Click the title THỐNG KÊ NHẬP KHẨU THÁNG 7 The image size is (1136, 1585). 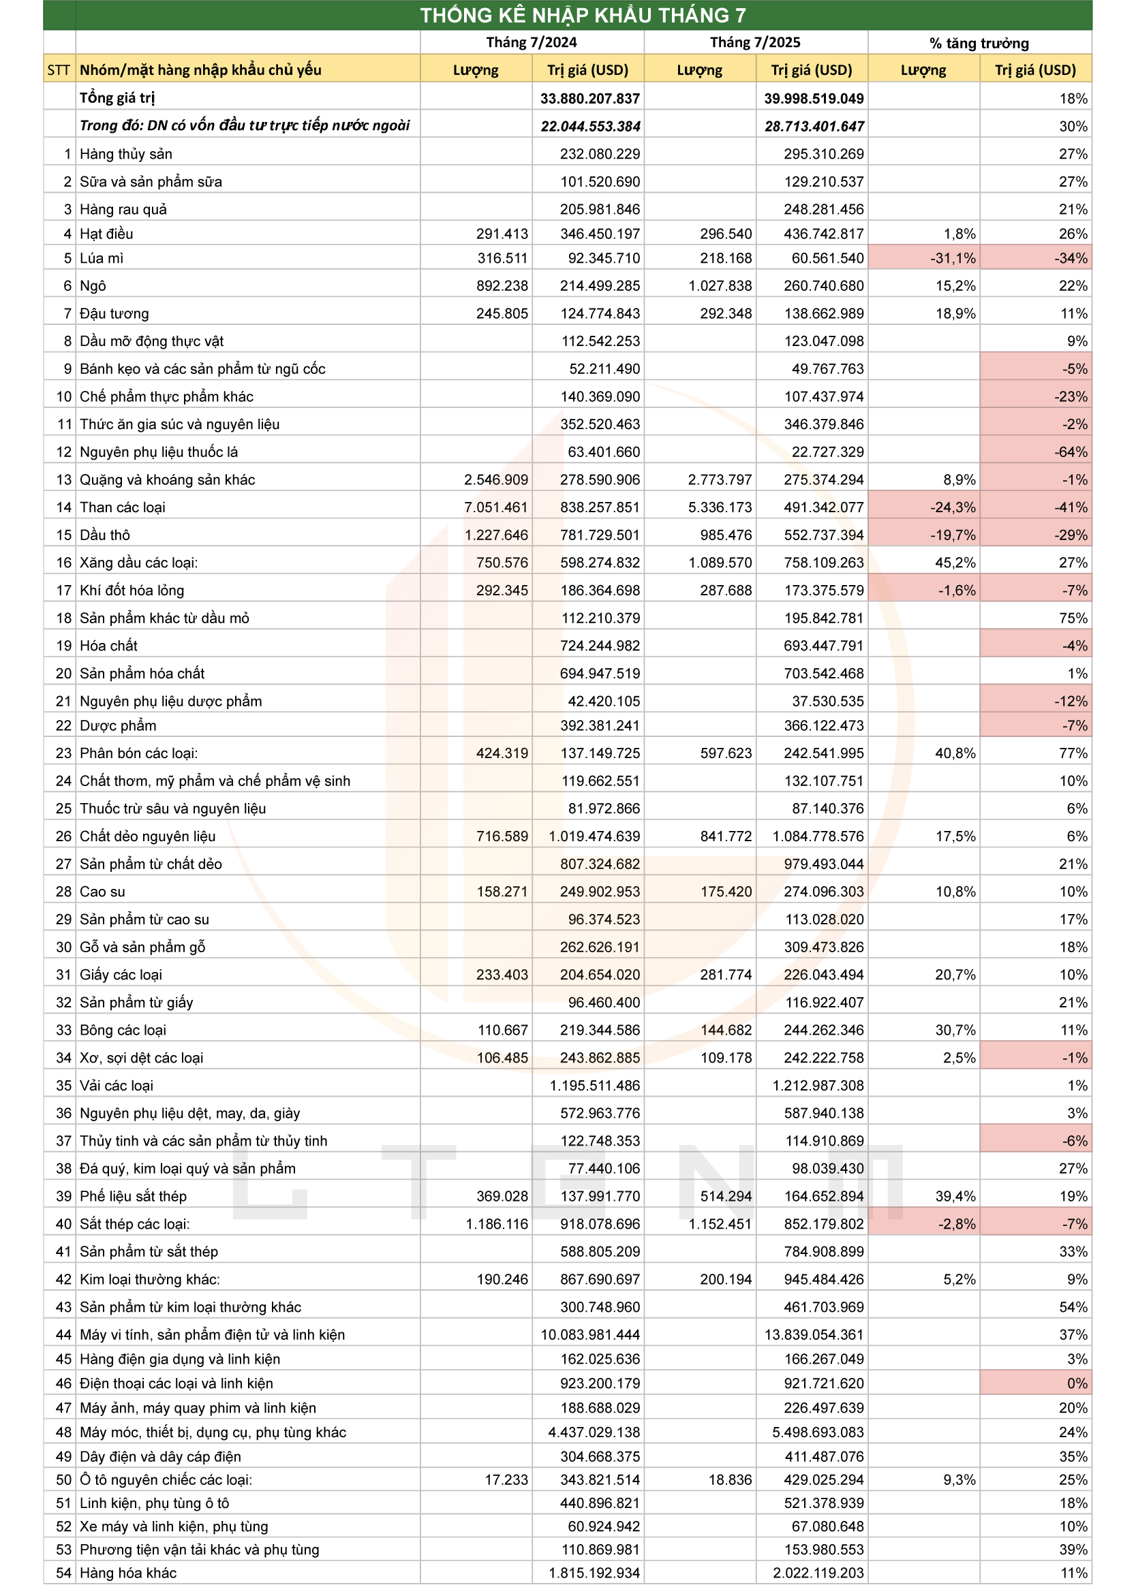583,15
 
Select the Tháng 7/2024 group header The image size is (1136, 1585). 532,42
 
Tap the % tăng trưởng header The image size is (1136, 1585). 979,43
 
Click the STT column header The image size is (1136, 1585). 59,70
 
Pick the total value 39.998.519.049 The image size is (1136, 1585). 814,99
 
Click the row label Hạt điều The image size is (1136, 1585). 106,234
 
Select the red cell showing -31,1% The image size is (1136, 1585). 923,258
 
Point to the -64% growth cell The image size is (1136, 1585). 1035,452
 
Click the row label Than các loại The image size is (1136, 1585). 123,507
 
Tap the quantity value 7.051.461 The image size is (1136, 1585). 495,507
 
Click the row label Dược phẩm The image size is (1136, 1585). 118,725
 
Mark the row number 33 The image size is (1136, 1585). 63,1029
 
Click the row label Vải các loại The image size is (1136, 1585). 116,1084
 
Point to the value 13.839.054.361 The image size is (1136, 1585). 814,1334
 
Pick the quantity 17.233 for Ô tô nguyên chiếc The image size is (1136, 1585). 506,1479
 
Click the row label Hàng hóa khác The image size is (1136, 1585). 128,1573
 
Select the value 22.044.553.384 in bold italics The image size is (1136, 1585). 590,127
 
